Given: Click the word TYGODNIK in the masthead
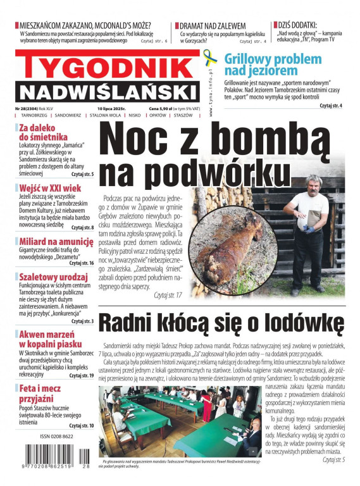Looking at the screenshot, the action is (x=108, y=65).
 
